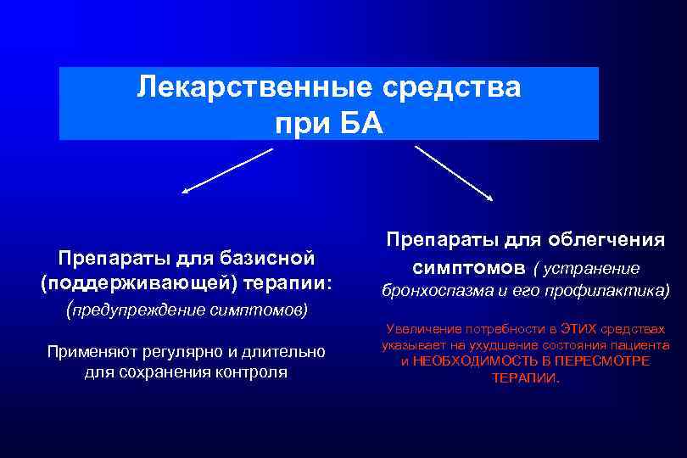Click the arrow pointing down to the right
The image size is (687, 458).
point(455,174)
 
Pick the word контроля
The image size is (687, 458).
point(254,371)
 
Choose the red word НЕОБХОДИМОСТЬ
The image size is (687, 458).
point(469,361)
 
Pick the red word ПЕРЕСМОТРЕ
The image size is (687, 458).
point(609,361)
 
